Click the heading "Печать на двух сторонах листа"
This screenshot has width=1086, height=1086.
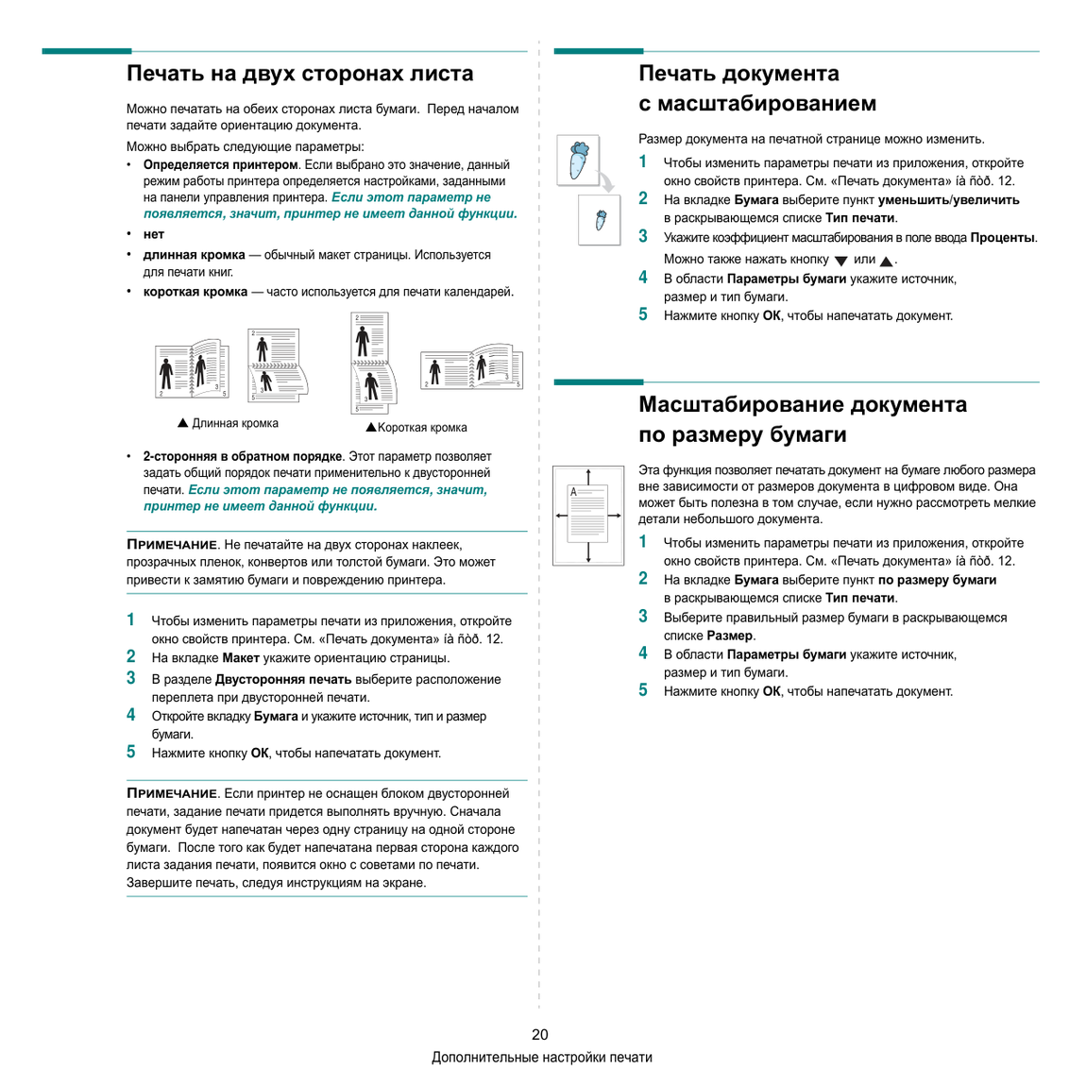click(300, 74)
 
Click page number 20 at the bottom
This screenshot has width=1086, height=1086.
click(539, 1035)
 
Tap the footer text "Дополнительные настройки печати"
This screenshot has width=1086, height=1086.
click(542, 1058)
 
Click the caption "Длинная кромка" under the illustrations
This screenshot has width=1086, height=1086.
click(235, 423)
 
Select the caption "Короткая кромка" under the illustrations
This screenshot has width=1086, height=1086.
click(422, 428)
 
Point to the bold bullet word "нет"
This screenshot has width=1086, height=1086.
click(154, 234)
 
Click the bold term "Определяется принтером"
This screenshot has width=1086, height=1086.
click(220, 165)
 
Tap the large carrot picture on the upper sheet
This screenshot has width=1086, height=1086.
click(578, 160)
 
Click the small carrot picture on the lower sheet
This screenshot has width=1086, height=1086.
click(601, 220)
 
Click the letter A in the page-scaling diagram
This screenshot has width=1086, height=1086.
click(573, 492)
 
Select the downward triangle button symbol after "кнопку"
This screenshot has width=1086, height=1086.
click(840, 261)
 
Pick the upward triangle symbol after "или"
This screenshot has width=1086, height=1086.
click(886, 261)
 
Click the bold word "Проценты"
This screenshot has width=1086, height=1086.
click(1002, 238)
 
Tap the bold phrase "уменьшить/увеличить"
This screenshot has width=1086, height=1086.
click(949, 200)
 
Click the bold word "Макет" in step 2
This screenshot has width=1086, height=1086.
click(241, 658)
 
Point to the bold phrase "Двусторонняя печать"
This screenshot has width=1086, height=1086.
click(283, 679)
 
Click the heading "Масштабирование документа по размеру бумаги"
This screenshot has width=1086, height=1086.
click(803, 419)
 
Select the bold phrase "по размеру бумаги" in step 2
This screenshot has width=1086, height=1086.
click(937, 581)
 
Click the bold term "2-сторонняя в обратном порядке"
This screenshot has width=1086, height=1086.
click(243, 456)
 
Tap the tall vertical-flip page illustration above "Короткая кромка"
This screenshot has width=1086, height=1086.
click(373, 363)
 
